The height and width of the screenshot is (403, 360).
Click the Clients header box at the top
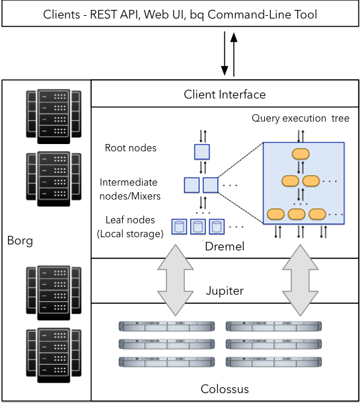pyautogui.click(x=180, y=14)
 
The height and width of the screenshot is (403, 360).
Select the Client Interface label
pyautogui.click(x=225, y=94)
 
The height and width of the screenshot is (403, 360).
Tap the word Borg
pyautogui.click(x=20, y=240)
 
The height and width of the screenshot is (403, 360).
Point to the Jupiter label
pyautogui.click(x=225, y=290)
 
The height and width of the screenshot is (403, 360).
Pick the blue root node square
pyautogui.click(x=201, y=152)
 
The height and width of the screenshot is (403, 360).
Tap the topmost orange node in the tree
pyautogui.click(x=301, y=154)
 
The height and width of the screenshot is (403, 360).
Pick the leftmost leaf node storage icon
pyautogui.click(x=178, y=227)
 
